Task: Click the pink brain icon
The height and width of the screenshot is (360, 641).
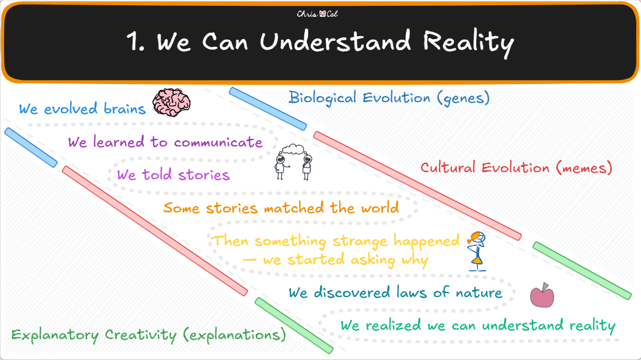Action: [172, 103]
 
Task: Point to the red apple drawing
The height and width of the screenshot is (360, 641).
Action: [542, 295]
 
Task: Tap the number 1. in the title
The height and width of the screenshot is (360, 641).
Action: [137, 43]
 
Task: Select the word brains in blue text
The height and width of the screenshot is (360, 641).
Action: [121, 109]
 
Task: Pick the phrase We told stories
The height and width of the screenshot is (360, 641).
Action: [173, 174]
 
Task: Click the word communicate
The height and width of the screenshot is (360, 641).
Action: [218, 142]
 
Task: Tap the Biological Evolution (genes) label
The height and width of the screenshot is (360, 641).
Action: [389, 97]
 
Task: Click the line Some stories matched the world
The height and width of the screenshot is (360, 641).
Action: [281, 207]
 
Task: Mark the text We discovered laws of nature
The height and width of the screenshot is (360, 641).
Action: [395, 292]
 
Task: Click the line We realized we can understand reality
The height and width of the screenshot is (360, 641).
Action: [478, 325]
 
